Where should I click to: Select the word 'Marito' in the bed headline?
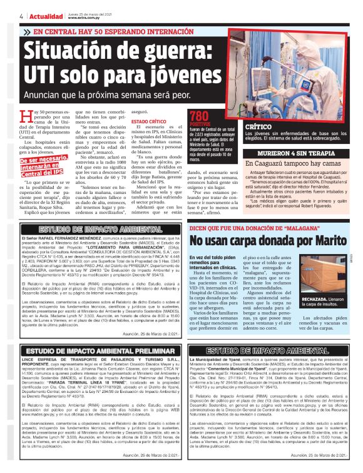(x=314, y=241)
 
